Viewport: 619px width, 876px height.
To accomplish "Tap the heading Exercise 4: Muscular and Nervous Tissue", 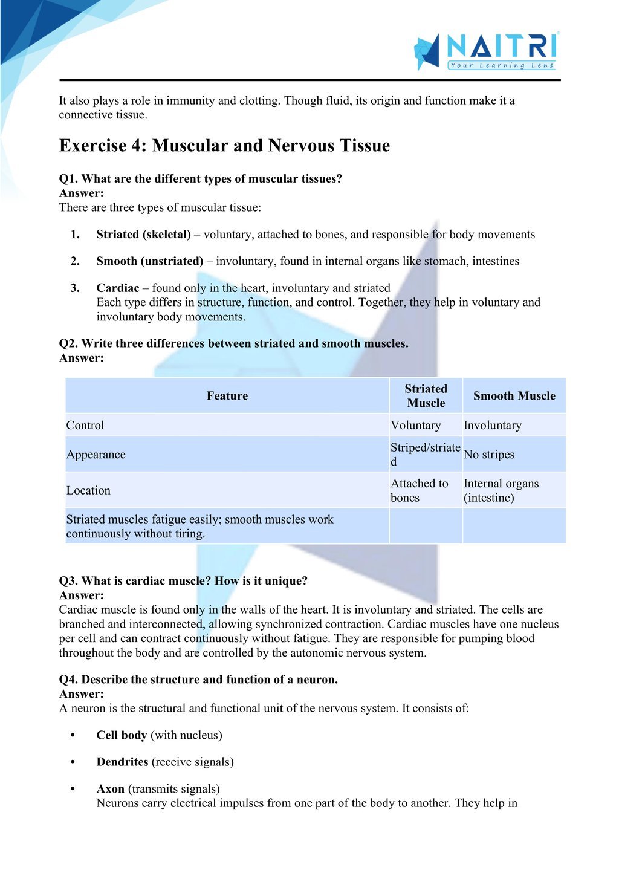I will [224, 146].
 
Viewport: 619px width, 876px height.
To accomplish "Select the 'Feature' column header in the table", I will [227, 396].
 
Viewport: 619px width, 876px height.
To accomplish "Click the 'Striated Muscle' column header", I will [426, 396].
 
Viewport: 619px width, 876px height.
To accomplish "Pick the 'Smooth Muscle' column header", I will [514, 396].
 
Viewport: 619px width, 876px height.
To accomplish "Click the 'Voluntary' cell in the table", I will [416, 426].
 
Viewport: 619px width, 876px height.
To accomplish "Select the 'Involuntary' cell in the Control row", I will [492, 426].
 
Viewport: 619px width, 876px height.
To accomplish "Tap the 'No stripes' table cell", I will [489, 455].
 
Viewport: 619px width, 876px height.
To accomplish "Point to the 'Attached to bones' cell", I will [419, 490].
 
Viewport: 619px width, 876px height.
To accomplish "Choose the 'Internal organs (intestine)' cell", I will [501, 490].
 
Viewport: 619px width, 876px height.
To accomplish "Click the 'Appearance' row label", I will [96, 455].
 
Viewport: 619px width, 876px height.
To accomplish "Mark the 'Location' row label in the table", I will [88, 490].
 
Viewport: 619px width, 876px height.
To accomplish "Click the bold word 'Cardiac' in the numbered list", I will [118, 288].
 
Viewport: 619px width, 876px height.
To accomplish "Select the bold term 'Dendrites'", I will [122, 762].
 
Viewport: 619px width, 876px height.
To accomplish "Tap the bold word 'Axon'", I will [110, 789].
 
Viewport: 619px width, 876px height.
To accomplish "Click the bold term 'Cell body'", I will [122, 736].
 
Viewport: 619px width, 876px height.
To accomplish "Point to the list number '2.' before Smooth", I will [75, 261].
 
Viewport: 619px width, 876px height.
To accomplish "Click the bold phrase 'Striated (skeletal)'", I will [143, 235].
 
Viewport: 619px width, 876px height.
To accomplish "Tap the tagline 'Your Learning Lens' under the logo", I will [502, 65].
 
